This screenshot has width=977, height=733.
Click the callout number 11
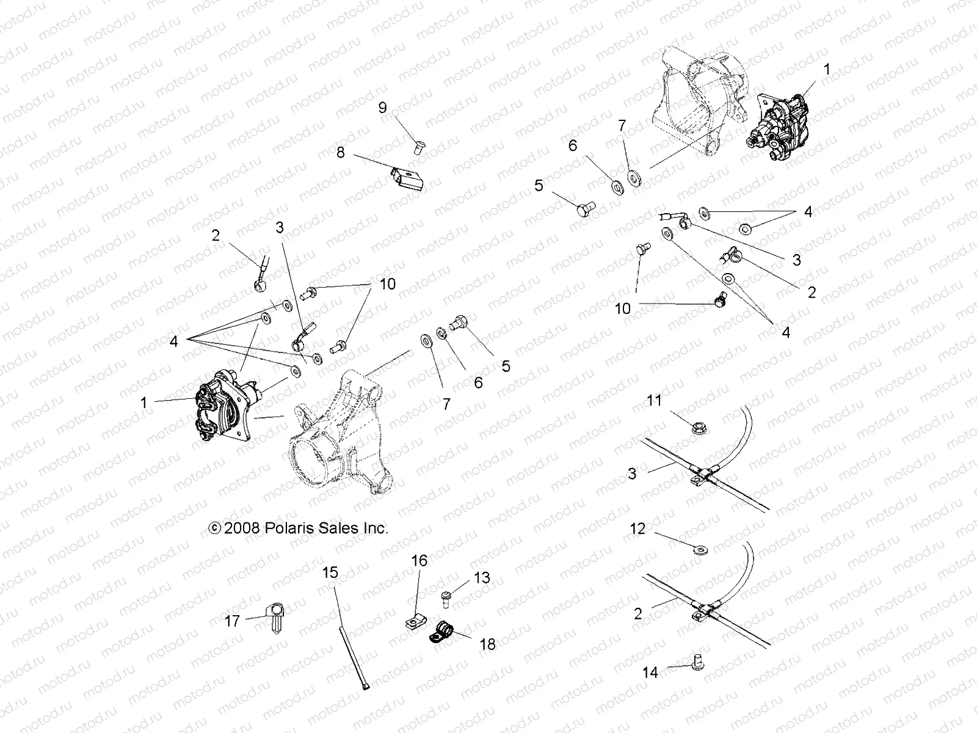click(654, 401)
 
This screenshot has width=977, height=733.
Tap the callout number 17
click(233, 622)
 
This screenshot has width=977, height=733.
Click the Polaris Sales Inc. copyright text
click(298, 528)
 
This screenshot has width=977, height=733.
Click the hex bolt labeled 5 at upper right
click(583, 210)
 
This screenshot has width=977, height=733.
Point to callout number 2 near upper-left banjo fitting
click(216, 235)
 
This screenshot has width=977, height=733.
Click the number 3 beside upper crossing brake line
click(633, 473)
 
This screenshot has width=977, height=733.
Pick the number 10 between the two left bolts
click(388, 284)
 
